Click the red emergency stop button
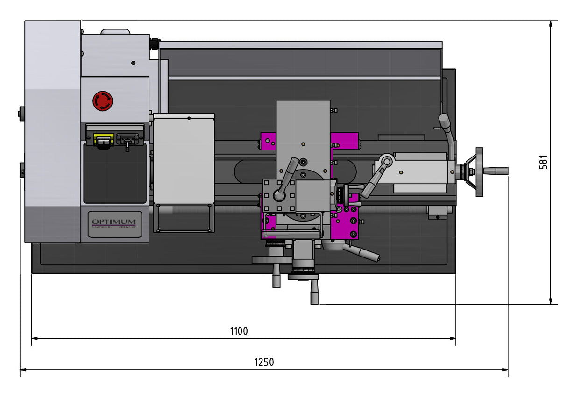pyautogui.click(x=103, y=101)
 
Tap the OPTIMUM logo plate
pyautogui.click(x=114, y=224)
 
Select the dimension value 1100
pyautogui.click(x=239, y=331)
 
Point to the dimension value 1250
pyautogui.click(x=264, y=362)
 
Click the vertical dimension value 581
pyautogui.click(x=544, y=162)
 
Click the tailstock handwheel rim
pyautogui.click(x=479, y=172)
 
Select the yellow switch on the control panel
pyautogui.click(x=103, y=139)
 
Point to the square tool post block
pyautogui.click(x=279, y=196)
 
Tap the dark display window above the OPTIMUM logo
pyautogui.click(x=115, y=173)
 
